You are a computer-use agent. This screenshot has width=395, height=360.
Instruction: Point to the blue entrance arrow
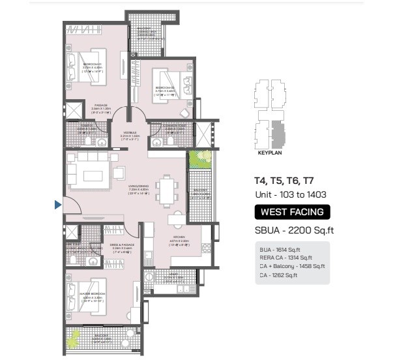(57, 205)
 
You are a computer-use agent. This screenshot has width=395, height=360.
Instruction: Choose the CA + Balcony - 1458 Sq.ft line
(291, 267)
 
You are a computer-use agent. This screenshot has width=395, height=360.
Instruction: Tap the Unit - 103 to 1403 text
(290, 194)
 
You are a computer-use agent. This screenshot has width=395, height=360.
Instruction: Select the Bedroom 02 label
(164, 90)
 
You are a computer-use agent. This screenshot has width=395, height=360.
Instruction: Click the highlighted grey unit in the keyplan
(278, 134)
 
